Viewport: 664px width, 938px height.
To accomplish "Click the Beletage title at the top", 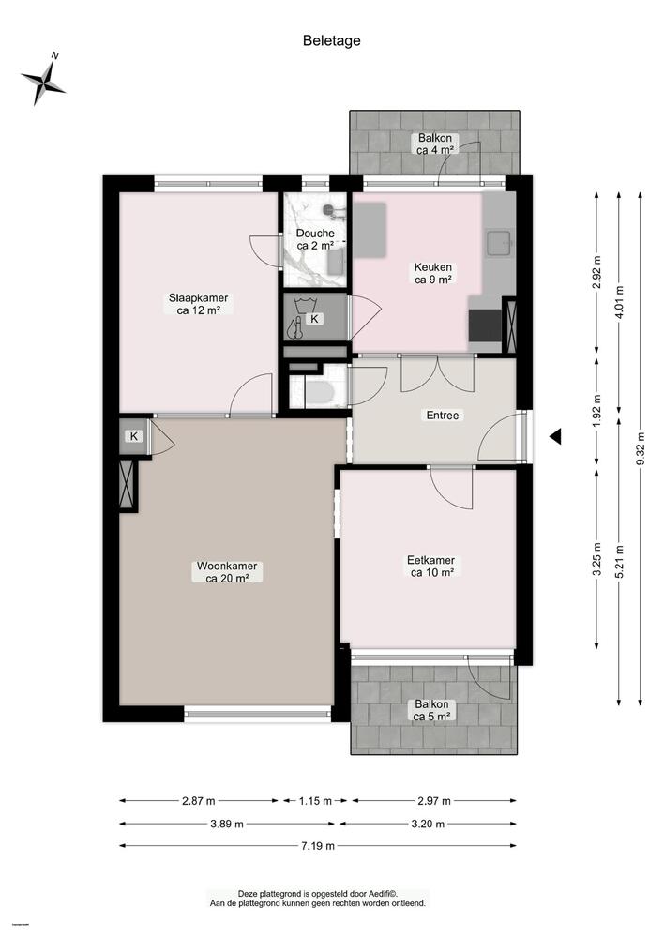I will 331,40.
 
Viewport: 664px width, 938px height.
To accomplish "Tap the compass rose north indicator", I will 43,81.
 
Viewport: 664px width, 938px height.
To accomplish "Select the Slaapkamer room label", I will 198,305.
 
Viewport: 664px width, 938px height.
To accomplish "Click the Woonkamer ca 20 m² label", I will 227,572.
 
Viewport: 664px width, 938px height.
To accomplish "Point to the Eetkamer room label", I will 430,567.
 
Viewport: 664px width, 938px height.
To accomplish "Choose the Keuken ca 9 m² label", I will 433,272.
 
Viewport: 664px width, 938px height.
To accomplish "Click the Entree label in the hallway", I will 442,416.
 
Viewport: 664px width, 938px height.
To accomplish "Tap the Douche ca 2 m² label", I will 315,239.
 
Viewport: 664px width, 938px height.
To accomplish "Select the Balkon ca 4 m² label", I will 435,144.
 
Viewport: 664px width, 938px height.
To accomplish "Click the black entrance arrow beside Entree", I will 555,436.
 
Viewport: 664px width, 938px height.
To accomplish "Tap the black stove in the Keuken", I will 484,327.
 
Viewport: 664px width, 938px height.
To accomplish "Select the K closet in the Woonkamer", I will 135,436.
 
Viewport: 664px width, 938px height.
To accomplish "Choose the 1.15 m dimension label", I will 314,801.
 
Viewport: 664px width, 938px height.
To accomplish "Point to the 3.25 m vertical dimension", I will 597,558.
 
